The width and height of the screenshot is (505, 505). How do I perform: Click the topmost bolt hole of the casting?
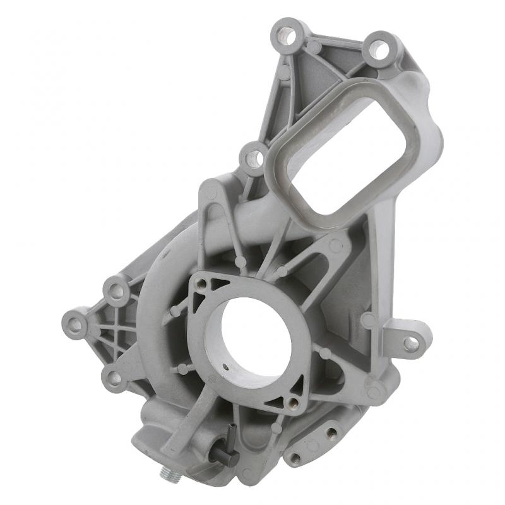tap(287, 34)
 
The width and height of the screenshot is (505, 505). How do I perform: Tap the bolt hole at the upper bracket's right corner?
tap(379, 49)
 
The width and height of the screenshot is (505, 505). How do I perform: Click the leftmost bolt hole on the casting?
tap(75, 325)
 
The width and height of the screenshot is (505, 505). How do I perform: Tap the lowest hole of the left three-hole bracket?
tap(114, 378)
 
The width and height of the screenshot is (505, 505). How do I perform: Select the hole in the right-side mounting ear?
tap(411, 343)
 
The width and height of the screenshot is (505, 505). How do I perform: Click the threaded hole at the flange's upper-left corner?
tap(201, 286)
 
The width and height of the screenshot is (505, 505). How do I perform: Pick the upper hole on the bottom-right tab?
tap(330, 432)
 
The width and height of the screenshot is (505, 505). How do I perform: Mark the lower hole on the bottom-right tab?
tap(295, 456)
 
